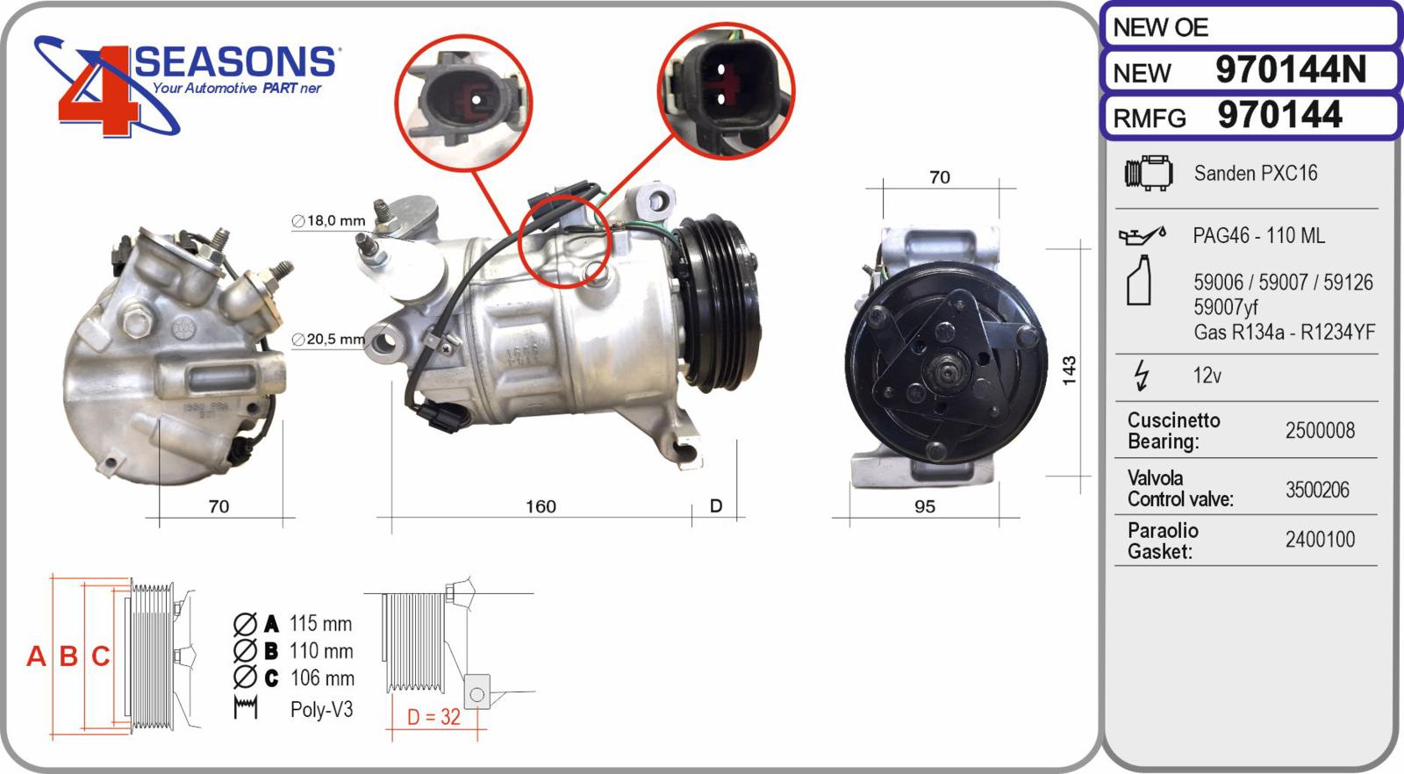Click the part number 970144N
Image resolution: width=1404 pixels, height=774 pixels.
[1290, 70]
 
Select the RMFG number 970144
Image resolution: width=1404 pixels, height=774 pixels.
[1279, 116]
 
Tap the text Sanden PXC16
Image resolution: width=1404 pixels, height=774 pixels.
[1255, 173]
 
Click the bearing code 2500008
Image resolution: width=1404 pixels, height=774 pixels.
[1320, 431]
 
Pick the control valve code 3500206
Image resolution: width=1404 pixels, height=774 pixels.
[1317, 490]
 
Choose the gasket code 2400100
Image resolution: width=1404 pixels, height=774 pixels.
[1320, 540]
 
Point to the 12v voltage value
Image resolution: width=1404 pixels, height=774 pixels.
[1207, 376]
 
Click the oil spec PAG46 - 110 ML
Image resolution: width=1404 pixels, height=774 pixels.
[1258, 235]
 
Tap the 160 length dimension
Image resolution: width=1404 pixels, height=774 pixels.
[541, 506]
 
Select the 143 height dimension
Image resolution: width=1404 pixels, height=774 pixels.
[1069, 370]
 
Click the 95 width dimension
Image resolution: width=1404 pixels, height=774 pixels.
[924, 506]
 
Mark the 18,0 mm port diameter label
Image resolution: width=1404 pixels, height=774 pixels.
[329, 220]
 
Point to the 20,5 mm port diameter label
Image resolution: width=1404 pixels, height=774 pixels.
[329, 339]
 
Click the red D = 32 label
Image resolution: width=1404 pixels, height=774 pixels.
[433, 717]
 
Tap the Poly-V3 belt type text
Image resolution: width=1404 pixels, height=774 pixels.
[321, 709]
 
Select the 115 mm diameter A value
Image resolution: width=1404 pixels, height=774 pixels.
[320, 624]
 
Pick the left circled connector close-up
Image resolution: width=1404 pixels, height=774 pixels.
[462, 102]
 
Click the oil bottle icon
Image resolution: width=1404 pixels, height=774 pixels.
[1138, 281]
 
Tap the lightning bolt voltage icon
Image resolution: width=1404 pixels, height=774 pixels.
[1141, 375]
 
